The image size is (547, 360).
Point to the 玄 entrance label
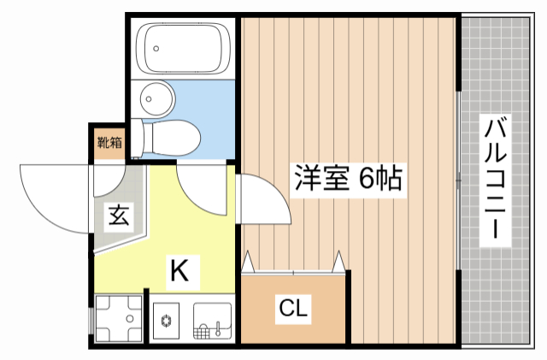(x=118, y=215)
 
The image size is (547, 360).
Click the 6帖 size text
(x=379, y=179)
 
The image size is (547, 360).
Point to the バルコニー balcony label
(x=497, y=180)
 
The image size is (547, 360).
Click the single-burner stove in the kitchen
(x=167, y=322)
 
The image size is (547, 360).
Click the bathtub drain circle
(x=156, y=48)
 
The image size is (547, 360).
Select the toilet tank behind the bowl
(x=148, y=136)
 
